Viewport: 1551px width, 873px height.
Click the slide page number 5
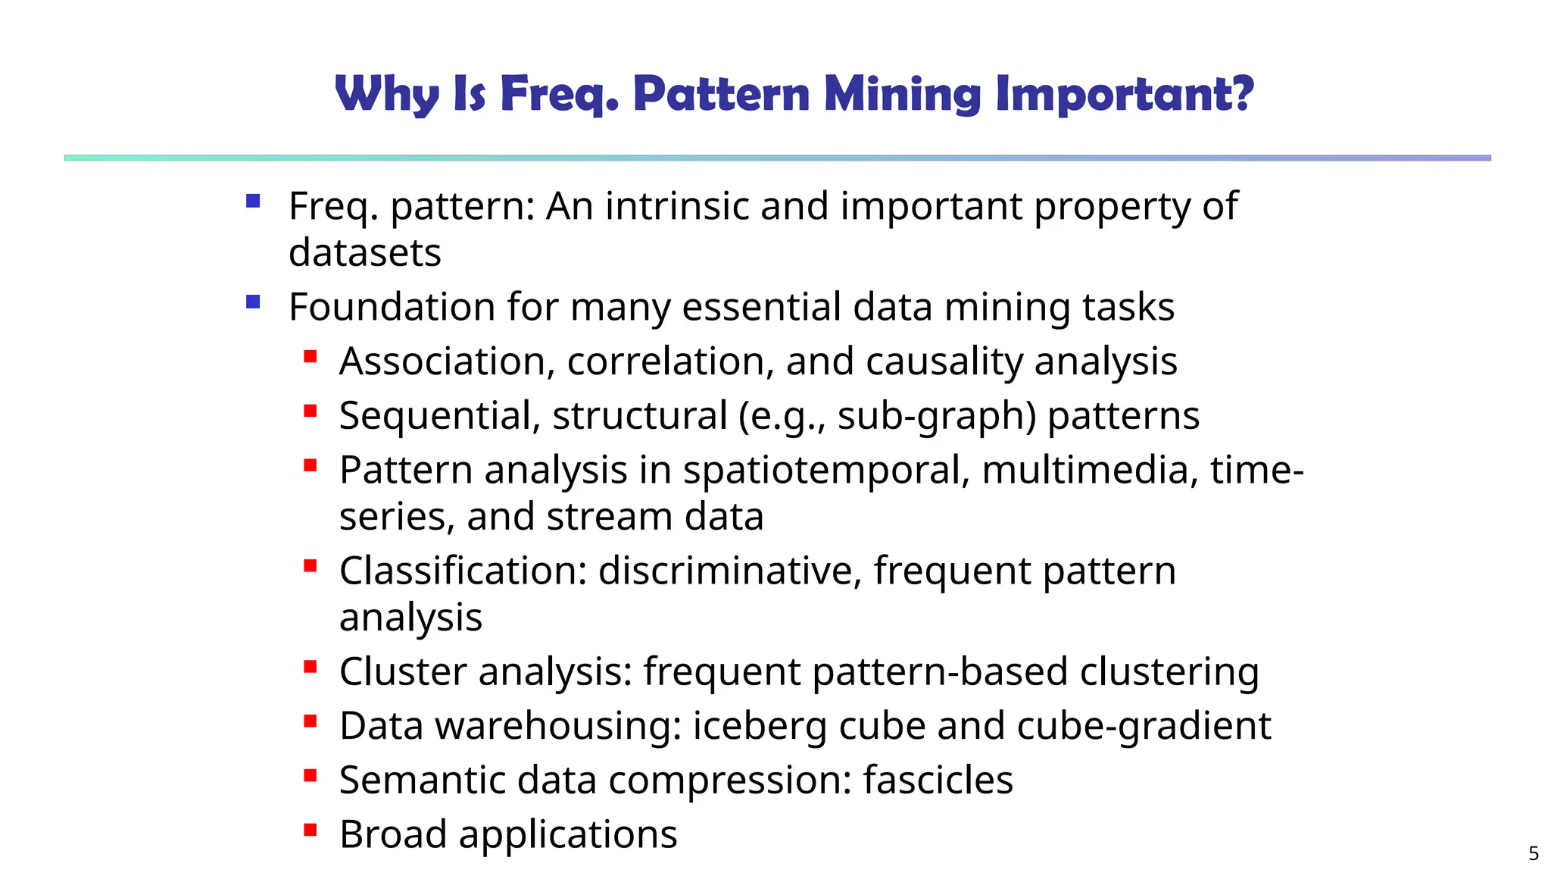pos(1533,853)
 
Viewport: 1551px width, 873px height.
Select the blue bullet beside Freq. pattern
pos(253,202)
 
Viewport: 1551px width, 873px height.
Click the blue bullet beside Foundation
pos(253,302)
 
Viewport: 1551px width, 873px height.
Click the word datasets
pos(364,253)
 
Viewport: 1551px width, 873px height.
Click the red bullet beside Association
pos(310,356)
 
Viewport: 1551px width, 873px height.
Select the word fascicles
pos(938,780)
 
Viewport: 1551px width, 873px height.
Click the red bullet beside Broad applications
pos(310,830)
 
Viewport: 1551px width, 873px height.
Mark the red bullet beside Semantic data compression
pos(310,775)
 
